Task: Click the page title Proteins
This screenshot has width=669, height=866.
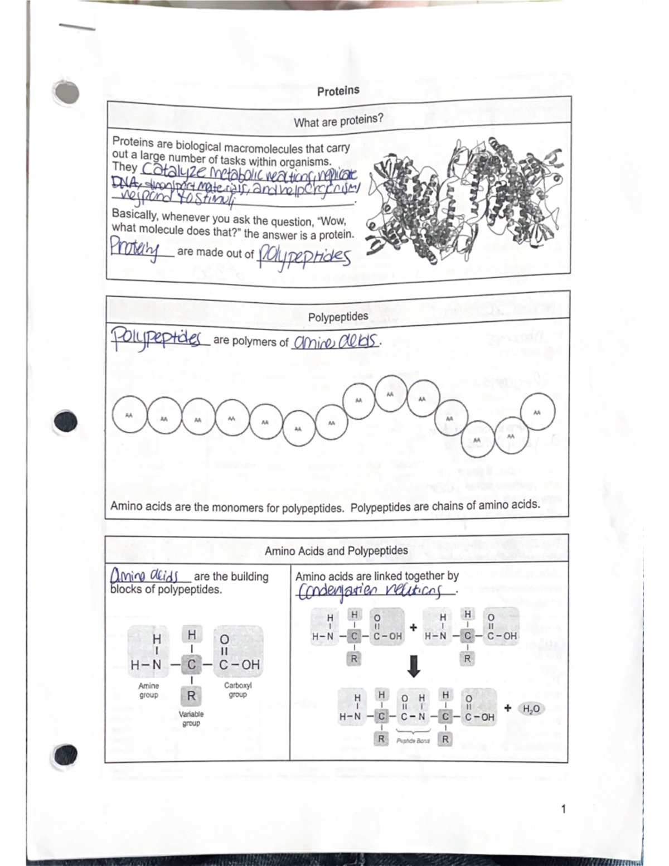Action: click(338, 90)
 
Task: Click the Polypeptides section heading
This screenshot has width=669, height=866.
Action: click(338, 316)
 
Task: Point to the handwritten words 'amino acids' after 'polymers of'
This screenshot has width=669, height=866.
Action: click(336, 341)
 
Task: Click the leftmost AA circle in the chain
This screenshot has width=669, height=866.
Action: click(129, 415)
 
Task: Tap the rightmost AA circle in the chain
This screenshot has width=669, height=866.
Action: click(537, 412)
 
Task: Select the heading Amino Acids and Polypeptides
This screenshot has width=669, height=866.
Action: click(336, 550)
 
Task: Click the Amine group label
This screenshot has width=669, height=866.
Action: click(148, 690)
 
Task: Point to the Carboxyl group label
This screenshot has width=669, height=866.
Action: click(237, 689)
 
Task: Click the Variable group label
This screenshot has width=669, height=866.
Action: click(191, 718)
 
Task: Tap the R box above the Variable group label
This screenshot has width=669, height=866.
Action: click(191, 695)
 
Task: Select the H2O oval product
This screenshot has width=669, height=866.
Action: click(530, 709)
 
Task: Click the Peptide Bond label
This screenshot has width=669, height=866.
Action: click(413, 741)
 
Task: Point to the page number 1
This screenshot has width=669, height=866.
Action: click(564, 809)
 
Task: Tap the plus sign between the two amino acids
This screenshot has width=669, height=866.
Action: click(413, 627)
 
